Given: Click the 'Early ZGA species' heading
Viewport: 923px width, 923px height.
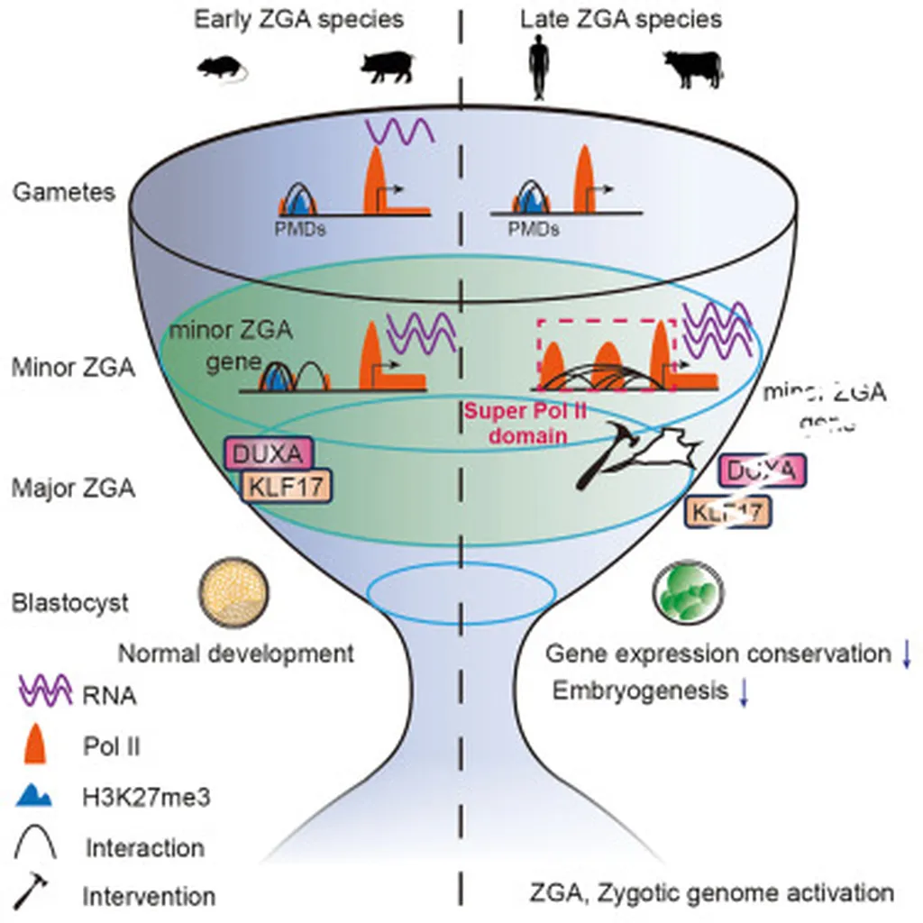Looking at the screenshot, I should pos(299,18).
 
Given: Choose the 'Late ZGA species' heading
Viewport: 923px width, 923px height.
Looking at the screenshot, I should pos(621,18).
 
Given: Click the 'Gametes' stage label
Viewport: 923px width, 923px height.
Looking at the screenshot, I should pos(64,192).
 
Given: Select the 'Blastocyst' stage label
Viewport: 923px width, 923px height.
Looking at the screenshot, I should pos(71,602).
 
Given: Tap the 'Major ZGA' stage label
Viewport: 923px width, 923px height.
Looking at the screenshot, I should pos(74,489).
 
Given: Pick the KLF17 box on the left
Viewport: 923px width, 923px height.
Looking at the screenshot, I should pos(286,487).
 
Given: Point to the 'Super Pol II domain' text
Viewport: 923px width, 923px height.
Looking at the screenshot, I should pos(514,424).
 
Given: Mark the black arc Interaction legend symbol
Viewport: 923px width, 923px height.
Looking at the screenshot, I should pos(39,845).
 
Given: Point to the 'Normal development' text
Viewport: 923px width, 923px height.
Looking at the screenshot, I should pos(236,653).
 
